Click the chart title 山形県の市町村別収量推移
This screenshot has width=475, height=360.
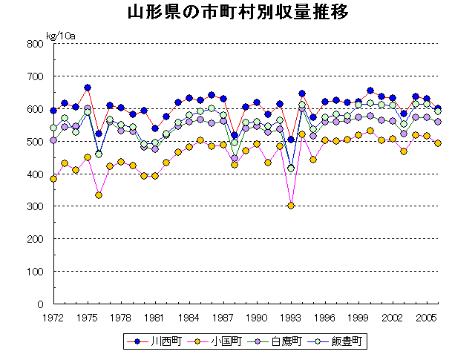pyautogui.click(x=237, y=13)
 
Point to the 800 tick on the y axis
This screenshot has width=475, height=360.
pyautogui.click(x=35, y=44)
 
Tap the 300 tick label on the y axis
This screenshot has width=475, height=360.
pyautogui.click(x=35, y=206)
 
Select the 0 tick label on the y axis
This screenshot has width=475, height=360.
pyautogui.click(x=41, y=304)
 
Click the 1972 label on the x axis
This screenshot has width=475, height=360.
pyautogui.click(x=53, y=318)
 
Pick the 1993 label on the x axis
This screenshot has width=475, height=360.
pyautogui.click(x=291, y=318)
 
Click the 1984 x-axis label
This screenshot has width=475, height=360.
pyautogui.click(x=189, y=318)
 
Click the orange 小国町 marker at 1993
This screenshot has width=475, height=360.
pyautogui.click(x=291, y=206)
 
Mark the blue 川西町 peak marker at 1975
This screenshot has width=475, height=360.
pyautogui.click(x=88, y=88)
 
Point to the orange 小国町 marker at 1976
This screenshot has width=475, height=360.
pyautogui.click(x=99, y=195)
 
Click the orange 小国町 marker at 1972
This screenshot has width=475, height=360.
pyautogui.click(x=53, y=179)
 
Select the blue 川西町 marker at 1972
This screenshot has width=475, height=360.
pyautogui.click(x=53, y=111)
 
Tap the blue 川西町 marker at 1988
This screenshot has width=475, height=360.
pyautogui.click(x=235, y=136)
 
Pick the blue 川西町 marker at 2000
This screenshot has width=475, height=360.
pyautogui.click(x=370, y=91)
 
